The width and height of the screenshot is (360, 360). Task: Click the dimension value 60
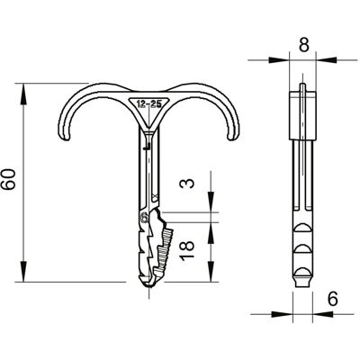8,179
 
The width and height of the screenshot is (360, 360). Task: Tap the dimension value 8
304,45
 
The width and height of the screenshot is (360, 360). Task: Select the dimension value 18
187,249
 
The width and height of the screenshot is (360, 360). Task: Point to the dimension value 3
187,183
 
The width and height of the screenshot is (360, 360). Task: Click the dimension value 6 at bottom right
333,299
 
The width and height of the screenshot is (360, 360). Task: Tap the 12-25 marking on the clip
149,104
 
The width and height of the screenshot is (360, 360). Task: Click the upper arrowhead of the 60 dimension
23,94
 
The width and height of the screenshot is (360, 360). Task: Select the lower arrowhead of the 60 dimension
23,271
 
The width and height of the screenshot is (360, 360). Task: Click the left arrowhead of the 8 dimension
279,60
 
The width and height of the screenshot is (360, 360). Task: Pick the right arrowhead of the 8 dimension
327,60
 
